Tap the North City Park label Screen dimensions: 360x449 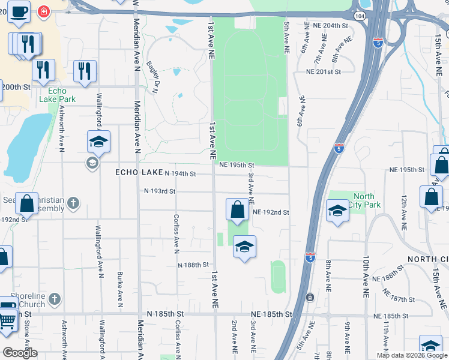tap(364, 200)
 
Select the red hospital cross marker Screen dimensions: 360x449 tap(43, 11)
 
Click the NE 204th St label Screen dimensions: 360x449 tap(331, 26)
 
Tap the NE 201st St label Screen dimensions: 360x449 tap(323, 71)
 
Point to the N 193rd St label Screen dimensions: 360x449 tap(159, 191)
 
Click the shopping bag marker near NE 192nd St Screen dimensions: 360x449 tap(237, 210)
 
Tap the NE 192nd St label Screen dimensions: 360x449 tap(271, 212)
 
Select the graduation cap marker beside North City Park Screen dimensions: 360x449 tap(337, 211)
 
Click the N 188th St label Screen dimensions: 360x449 tap(193, 265)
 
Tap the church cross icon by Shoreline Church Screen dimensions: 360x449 tap(54, 298)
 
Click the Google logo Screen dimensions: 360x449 tap(20, 353)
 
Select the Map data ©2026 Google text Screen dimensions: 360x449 tap(412, 355)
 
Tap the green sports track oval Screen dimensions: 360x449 tap(277, 277)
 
